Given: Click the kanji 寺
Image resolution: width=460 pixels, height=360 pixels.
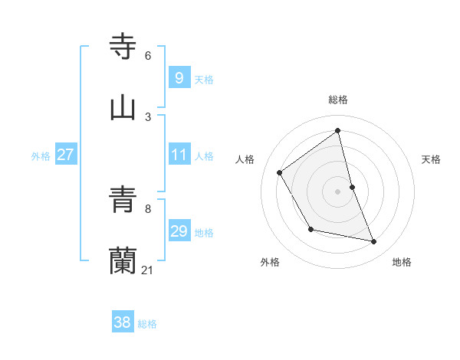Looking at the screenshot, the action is (x=123, y=46).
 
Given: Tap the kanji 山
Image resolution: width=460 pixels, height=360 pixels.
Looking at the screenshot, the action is (x=123, y=107).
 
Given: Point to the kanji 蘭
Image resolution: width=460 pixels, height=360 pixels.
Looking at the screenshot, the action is (x=123, y=260).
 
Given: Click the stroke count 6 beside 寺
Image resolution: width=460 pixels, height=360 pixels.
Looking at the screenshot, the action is (x=148, y=56).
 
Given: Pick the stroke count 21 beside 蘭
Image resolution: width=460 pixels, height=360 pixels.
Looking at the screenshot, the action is (x=148, y=270).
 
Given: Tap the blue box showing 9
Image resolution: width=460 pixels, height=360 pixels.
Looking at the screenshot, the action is (x=179, y=77).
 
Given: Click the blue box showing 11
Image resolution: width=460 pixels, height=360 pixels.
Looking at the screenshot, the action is (x=179, y=155).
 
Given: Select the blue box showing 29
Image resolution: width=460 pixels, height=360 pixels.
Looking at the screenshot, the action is (x=179, y=231).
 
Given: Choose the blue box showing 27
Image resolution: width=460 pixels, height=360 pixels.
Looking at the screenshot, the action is (x=65, y=155).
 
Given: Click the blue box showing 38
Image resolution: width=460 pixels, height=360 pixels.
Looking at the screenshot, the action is (x=122, y=322).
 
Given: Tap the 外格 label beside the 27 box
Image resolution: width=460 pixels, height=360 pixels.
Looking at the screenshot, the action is (x=41, y=156).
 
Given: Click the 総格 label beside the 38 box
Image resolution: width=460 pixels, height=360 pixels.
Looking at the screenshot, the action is (x=147, y=324).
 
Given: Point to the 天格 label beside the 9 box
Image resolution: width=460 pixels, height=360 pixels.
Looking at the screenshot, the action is (x=204, y=79).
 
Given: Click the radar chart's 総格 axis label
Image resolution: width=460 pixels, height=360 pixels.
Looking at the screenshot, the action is (x=338, y=100).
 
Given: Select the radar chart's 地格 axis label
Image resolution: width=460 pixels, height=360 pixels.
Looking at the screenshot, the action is (x=402, y=262).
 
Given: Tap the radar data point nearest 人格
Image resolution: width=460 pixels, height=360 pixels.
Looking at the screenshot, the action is (x=280, y=172).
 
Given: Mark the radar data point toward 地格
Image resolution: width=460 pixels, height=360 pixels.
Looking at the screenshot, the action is (x=374, y=242).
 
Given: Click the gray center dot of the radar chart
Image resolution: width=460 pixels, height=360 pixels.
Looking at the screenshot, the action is (x=338, y=191).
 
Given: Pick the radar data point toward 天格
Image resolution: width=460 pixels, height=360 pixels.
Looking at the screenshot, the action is (x=352, y=187).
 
